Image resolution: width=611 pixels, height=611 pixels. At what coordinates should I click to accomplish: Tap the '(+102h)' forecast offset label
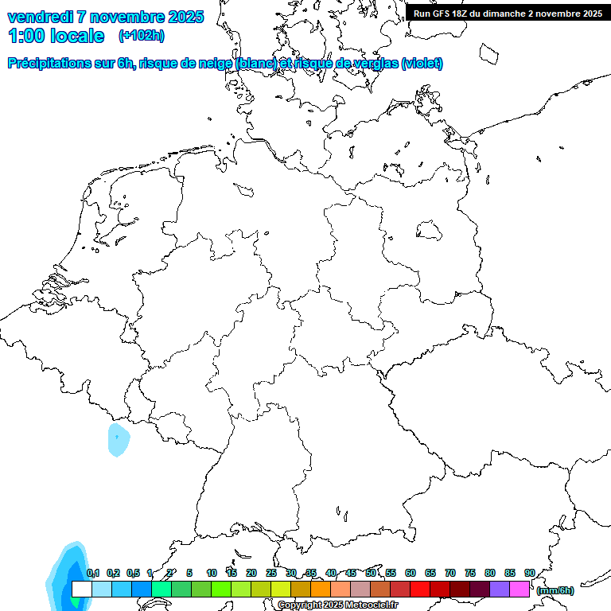coord(142,36)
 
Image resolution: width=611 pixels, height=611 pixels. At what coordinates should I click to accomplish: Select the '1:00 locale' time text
coord(56,36)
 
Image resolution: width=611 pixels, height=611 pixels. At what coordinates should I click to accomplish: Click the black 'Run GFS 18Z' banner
coord(508,14)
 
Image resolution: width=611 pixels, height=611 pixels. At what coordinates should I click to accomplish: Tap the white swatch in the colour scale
coord(82,589)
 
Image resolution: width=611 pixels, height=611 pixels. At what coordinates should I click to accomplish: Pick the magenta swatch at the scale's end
coord(520,589)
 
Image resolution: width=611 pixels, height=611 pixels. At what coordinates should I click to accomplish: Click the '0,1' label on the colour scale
coord(93,573)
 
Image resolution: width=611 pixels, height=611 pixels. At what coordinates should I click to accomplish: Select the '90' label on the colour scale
coord(530,573)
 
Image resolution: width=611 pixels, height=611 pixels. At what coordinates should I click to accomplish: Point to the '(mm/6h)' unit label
coord(555,590)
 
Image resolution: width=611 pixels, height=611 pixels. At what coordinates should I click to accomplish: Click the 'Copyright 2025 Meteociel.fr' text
coord(337,605)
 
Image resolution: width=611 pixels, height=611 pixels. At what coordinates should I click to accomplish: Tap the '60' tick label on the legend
coord(411,573)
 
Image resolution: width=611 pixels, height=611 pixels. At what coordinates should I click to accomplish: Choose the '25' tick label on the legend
coord(271,573)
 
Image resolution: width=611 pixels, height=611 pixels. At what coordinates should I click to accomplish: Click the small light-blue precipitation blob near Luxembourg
coord(118,439)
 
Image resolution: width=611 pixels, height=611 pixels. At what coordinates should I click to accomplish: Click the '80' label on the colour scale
coord(490,573)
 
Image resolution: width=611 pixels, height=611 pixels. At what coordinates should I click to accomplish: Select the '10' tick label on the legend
coord(212,573)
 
